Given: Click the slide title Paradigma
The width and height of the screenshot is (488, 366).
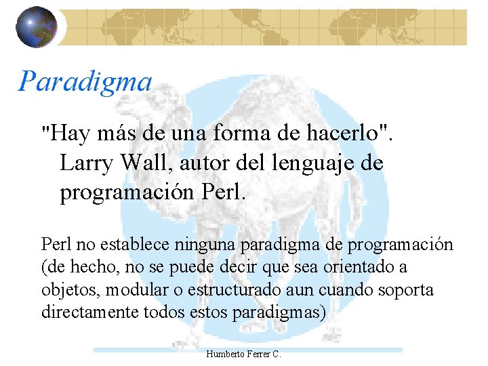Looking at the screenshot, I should (x=85, y=81).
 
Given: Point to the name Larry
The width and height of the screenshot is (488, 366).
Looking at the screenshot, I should (x=87, y=163).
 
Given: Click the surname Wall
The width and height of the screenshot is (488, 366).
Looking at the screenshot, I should (x=144, y=163).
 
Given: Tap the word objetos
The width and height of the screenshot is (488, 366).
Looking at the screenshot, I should (x=65, y=290).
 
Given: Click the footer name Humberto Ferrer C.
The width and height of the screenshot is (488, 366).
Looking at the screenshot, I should (x=243, y=354).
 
